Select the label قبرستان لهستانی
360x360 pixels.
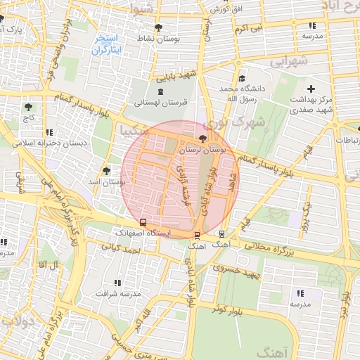pyautogui.click(x=161, y=103)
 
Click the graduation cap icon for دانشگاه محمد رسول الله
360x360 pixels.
pyautogui.click(x=242, y=79)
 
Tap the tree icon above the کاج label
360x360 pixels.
pyautogui.click(x=28, y=108)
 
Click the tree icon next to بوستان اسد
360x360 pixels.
pyautogui.click(x=106, y=170)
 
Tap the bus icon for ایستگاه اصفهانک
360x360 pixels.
pyautogui.click(x=143, y=222)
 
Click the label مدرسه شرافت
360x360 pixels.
pyautogui.click(x=115, y=292)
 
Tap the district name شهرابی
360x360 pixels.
pyautogui.click(x=290, y=61)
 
